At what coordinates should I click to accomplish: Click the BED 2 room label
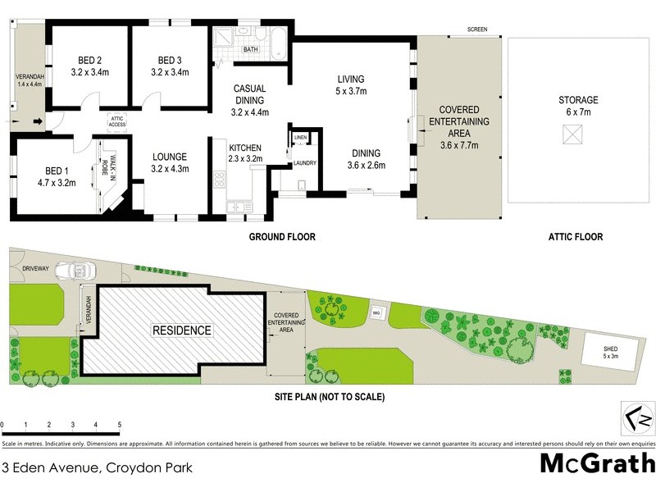[x=90, y=60]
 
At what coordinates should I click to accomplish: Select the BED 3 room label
[x=170, y=60]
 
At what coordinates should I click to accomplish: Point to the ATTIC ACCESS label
[x=116, y=121]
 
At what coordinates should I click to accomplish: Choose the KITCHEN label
[x=244, y=148]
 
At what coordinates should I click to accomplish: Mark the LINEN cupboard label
[x=300, y=137]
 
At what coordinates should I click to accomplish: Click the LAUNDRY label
[x=305, y=163]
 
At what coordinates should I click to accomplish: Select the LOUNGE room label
[x=170, y=157]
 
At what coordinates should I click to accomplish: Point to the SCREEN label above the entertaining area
[x=477, y=30]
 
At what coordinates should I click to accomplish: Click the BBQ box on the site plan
[x=377, y=312]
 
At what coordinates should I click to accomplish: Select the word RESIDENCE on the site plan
[x=181, y=330]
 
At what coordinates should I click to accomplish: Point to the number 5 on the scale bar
[x=120, y=425]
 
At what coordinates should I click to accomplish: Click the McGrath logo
[x=597, y=463]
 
